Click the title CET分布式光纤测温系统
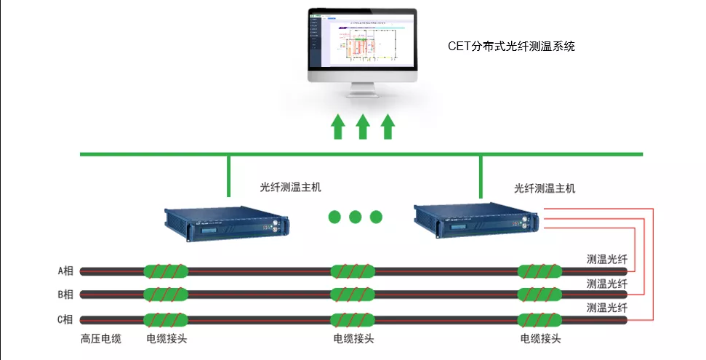click(x=511, y=47)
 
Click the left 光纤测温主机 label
click(x=290, y=186)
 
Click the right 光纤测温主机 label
click(x=544, y=188)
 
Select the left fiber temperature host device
click(x=225, y=225)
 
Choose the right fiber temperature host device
click(x=477, y=220)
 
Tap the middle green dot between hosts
click(x=355, y=216)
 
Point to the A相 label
click(x=65, y=271)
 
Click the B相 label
click(x=65, y=295)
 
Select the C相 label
click(x=65, y=319)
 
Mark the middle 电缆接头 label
click(x=353, y=339)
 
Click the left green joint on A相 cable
click(x=166, y=271)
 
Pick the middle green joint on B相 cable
click(x=353, y=295)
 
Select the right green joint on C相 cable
click(x=539, y=319)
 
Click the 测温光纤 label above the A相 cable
click(x=606, y=259)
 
